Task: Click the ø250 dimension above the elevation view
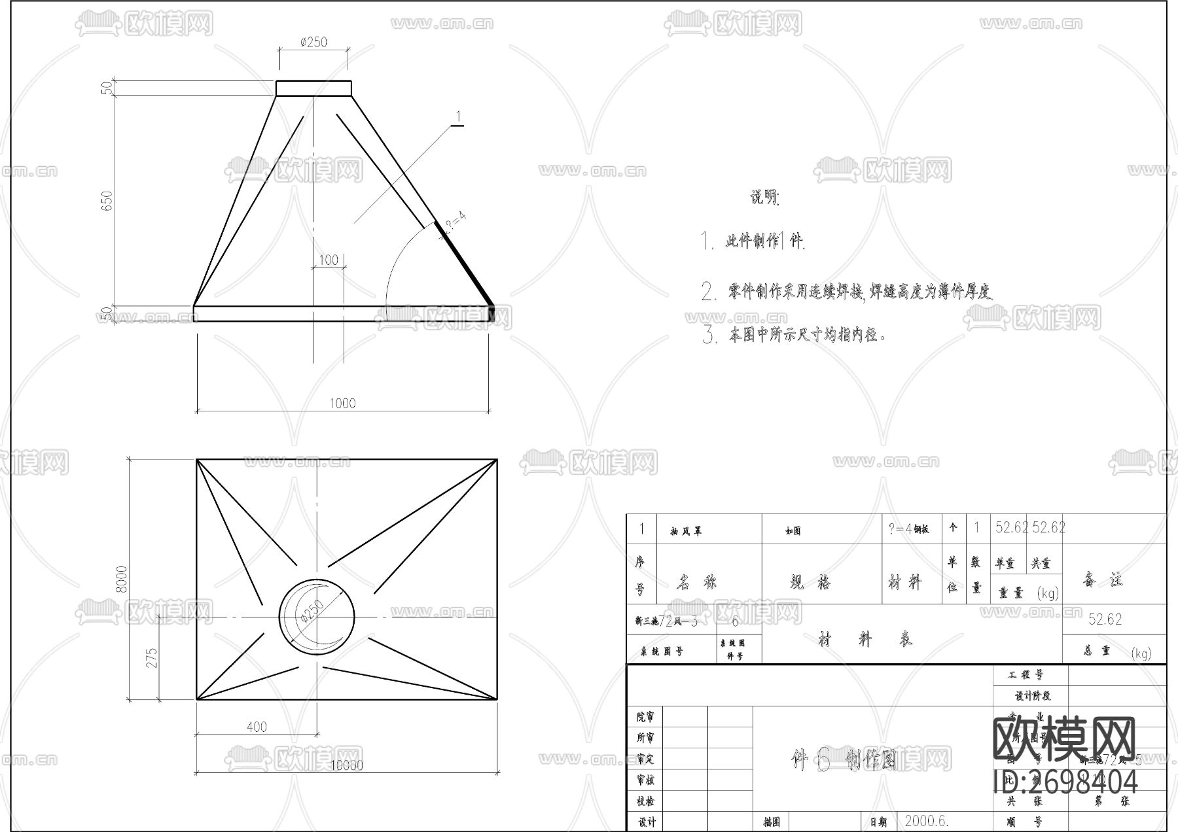(x=313, y=42)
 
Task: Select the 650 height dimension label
(x=107, y=200)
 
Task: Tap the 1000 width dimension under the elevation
(x=342, y=403)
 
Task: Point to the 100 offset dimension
(x=329, y=260)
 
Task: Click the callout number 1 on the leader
(x=458, y=117)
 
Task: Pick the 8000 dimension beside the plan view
(x=122, y=579)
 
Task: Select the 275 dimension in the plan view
(x=152, y=657)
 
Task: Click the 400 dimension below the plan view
(x=257, y=727)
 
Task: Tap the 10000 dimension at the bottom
(x=346, y=765)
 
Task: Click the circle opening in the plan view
(x=317, y=615)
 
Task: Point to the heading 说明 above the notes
(x=764, y=197)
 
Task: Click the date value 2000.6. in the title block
(x=927, y=821)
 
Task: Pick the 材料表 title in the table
(x=865, y=640)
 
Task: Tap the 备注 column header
(x=1103, y=580)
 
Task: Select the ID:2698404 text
(x=1065, y=782)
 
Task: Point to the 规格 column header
(x=810, y=581)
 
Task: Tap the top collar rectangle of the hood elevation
(x=313, y=88)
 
